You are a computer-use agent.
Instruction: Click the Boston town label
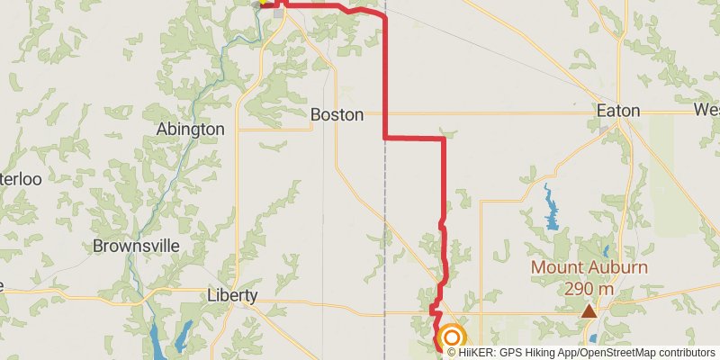(337, 115)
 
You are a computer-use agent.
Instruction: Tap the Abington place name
(190, 130)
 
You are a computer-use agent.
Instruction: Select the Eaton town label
(618, 111)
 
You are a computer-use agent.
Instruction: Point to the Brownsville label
(136, 246)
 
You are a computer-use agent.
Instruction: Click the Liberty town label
(232, 295)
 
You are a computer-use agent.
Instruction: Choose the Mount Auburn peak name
(589, 267)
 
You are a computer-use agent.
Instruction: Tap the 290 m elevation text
(589, 289)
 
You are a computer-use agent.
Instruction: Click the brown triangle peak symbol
(589, 311)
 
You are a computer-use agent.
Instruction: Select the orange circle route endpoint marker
(452, 338)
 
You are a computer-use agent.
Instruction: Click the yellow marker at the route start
(263, 3)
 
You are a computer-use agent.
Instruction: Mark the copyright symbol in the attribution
(452, 352)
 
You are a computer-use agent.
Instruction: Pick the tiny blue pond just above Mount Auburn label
(605, 251)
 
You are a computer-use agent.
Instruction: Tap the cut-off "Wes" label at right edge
(706, 110)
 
